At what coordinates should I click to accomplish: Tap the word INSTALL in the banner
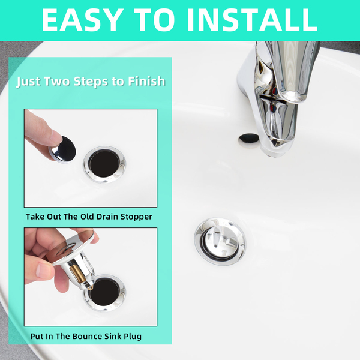pyautogui.click(x=253, y=20)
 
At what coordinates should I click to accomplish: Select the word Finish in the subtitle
pyautogui.click(x=146, y=81)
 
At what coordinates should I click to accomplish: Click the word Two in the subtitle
pyautogui.click(x=57, y=82)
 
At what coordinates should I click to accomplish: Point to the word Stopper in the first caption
pyautogui.click(x=136, y=217)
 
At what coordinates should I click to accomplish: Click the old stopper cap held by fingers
pyautogui.click(x=63, y=149)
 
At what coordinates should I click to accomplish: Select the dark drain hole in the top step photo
pyautogui.click(x=104, y=163)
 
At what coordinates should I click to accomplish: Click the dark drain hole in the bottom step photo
pyautogui.click(x=104, y=292)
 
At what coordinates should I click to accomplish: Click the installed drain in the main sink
pyautogui.click(x=220, y=242)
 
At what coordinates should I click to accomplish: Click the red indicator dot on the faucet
pyautogui.click(x=273, y=108)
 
